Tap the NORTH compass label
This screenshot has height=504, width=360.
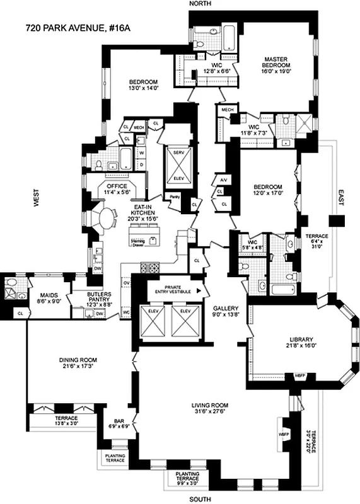[200, 4]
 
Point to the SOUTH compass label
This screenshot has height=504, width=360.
[200, 498]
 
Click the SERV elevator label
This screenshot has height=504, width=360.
[178, 153]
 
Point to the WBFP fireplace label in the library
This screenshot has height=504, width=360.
[299, 376]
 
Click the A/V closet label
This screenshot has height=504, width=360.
[223, 180]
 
